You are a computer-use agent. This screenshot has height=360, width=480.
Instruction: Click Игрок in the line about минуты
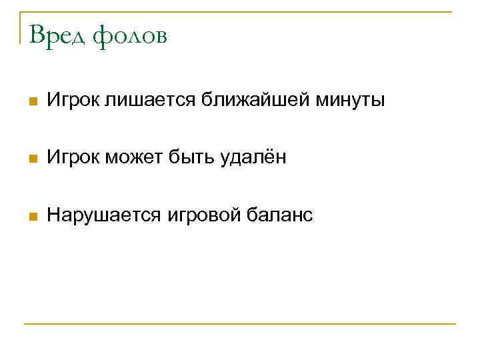tap(73, 101)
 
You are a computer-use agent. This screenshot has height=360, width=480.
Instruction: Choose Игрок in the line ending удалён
tap(73, 158)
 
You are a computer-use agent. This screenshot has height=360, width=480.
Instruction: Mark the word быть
tap(193, 158)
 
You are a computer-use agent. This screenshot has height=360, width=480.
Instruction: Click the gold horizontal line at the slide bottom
tap(240, 324)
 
